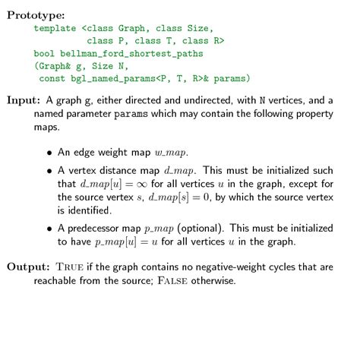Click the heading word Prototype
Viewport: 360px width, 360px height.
(35, 15)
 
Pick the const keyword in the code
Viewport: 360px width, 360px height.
(52, 78)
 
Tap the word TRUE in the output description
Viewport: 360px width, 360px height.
(71, 267)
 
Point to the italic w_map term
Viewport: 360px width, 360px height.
(172, 151)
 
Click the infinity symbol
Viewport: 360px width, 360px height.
(122, 184)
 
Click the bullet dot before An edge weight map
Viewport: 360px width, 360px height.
(49, 152)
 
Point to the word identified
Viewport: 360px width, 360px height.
(83, 209)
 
